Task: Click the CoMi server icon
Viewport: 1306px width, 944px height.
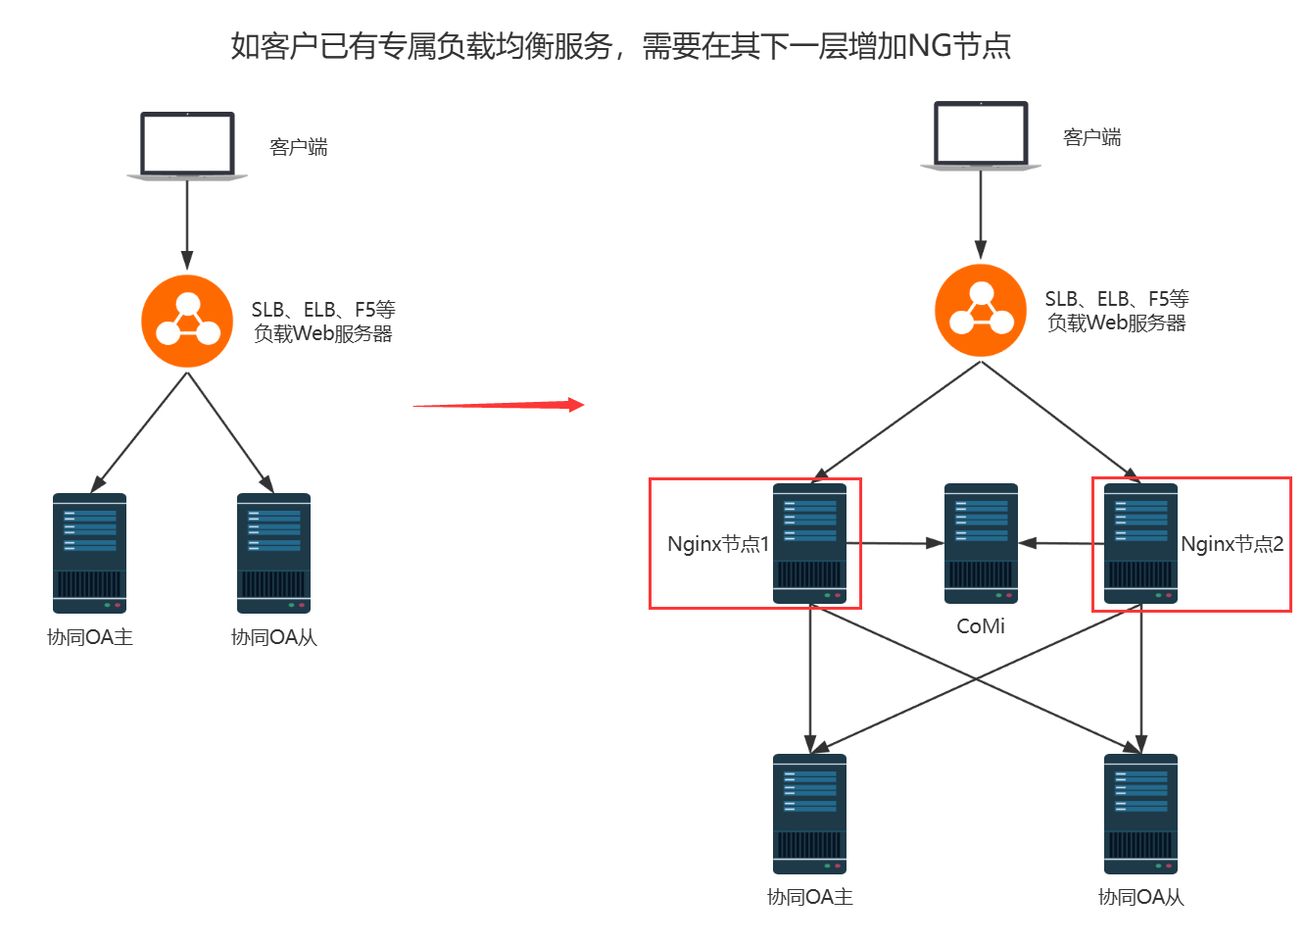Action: (x=981, y=543)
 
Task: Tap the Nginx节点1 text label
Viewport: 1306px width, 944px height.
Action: (x=718, y=544)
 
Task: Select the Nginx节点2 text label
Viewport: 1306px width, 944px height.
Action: (x=1232, y=544)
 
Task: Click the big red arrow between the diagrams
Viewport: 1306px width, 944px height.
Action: (x=499, y=405)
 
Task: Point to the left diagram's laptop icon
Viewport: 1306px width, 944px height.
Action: (x=187, y=146)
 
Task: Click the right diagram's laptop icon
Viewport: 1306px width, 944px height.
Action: (x=981, y=135)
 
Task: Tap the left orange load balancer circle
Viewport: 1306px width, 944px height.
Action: (x=187, y=322)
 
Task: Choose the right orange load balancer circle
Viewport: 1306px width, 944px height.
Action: (x=981, y=311)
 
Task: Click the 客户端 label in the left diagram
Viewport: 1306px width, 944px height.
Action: (x=299, y=147)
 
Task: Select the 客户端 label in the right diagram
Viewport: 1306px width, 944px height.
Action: (x=1092, y=137)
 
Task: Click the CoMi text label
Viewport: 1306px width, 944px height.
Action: (x=981, y=626)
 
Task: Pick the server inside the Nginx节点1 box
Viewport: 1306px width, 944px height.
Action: (x=809, y=543)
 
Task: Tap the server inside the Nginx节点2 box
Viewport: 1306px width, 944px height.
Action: (x=1140, y=543)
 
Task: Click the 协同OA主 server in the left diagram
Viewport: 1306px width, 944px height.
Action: (x=89, y=553)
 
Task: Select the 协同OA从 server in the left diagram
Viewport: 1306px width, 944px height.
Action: (x=273, y=553)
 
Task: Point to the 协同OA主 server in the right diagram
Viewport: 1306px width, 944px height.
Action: (x=809, y=814)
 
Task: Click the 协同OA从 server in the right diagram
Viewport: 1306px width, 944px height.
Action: (x=1140, y=814)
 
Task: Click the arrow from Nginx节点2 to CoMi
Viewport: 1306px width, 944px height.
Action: (x=1061, y=542)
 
